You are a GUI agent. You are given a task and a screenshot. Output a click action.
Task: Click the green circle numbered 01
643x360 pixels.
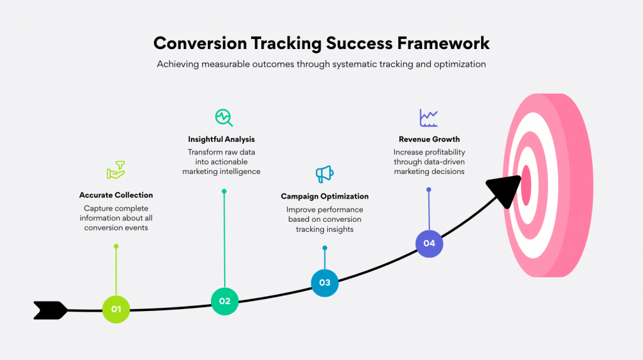point(116,309)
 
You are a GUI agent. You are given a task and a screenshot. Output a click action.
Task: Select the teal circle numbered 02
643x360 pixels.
point(224,301)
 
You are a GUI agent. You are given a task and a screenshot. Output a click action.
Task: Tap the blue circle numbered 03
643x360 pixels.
point(325,283)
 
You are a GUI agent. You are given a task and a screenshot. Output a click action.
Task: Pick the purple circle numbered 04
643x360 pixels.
point(429,243)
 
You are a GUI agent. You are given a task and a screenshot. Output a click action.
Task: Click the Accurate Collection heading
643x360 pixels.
point(116,195)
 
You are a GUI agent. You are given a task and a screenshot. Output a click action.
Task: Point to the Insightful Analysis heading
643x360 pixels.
point(221,139)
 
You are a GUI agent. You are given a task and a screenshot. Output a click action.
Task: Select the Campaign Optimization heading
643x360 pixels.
point(325,197)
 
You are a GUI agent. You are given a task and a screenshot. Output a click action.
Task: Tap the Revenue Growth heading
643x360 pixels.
point(429,139)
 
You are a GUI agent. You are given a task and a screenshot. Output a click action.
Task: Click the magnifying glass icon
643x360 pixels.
point(224,117)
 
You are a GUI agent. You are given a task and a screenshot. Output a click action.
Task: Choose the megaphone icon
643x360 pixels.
point(324,174)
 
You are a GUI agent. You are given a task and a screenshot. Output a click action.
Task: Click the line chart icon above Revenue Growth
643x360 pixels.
point(429,117)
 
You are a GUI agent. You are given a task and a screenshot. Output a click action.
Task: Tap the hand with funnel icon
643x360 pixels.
point(116,171)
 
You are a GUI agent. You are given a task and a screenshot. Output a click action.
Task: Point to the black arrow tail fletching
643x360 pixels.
point(50,310)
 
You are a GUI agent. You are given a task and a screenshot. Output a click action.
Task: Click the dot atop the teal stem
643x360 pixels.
point(224,191)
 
